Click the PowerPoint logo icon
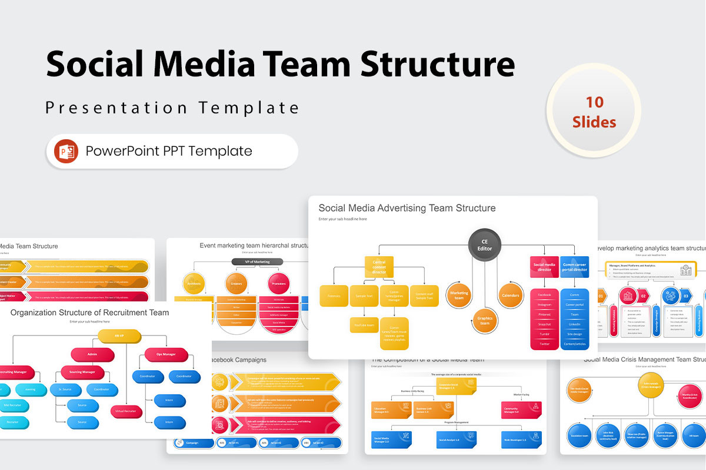(x=66, y=152)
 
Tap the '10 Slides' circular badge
(x=594, y=112)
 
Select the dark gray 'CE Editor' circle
(x=485, y=244)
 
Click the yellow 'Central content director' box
(x=379, y=267)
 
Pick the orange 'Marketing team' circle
(x=459, y=295)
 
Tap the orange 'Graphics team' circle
(x=484, y=321)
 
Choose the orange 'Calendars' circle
(x=511, y=295)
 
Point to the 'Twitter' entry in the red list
(x=544, y=344)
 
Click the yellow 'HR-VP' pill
(x=119, y=336)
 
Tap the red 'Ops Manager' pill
(x=166, y=355)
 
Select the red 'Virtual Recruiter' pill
(x=126, y=411)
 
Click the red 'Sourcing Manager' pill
(x=82, y=372)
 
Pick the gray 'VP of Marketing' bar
(x=257, y=261)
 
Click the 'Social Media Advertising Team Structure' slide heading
(x=407, y=208)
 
